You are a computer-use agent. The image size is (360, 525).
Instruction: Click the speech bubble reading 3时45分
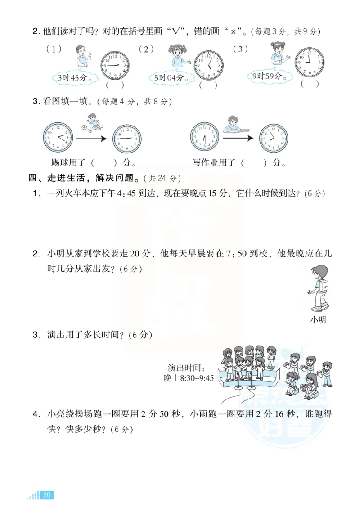pyautogui.click(x=72, y=77)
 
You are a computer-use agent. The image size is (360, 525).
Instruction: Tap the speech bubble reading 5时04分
pyautogui.click(x=169, y=78)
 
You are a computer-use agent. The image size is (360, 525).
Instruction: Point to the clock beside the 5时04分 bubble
pyautogui.click(x=209, y=65)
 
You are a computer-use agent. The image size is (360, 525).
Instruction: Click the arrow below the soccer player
pyautogui.click(x=91, y=139)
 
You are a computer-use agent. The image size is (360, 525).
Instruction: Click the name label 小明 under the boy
pyautogui.click(x=318, y=320)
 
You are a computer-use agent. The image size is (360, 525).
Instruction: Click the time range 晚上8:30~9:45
pyautogui.click(x=189, y=378)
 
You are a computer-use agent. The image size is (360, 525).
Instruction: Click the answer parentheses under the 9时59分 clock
pyautogui.click(x=310, y=83)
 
